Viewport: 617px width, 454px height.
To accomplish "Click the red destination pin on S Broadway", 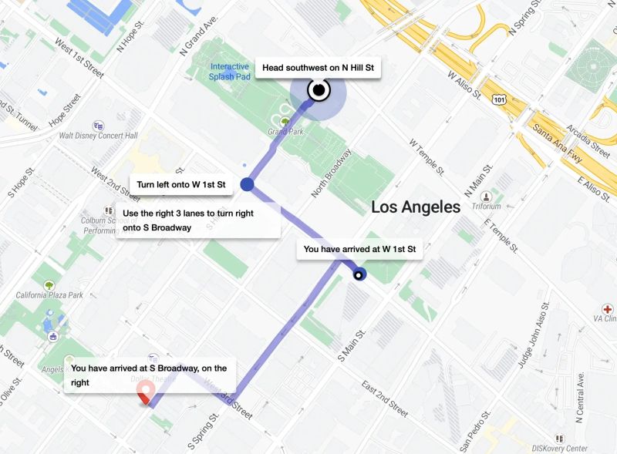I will (144, 394).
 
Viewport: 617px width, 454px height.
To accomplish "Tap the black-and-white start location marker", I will (318, 91).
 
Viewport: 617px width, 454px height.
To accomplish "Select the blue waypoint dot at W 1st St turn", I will (248, 184).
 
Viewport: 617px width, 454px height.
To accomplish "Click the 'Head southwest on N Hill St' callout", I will (318, 69).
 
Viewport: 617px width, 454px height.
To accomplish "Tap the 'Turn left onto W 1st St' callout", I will (181, 184).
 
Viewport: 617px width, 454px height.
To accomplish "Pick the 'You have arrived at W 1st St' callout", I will (359, 249).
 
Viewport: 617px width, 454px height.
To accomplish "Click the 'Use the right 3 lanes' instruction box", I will (197, 220).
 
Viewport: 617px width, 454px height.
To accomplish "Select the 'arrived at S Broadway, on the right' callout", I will (150, 375).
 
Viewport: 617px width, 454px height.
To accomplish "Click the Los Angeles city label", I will (416, 207).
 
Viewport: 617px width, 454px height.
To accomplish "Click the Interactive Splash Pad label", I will (229, 72).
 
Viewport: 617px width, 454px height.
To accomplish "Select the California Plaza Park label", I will (49, 295).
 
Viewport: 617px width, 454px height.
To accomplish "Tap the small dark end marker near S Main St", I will (359, 274).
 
